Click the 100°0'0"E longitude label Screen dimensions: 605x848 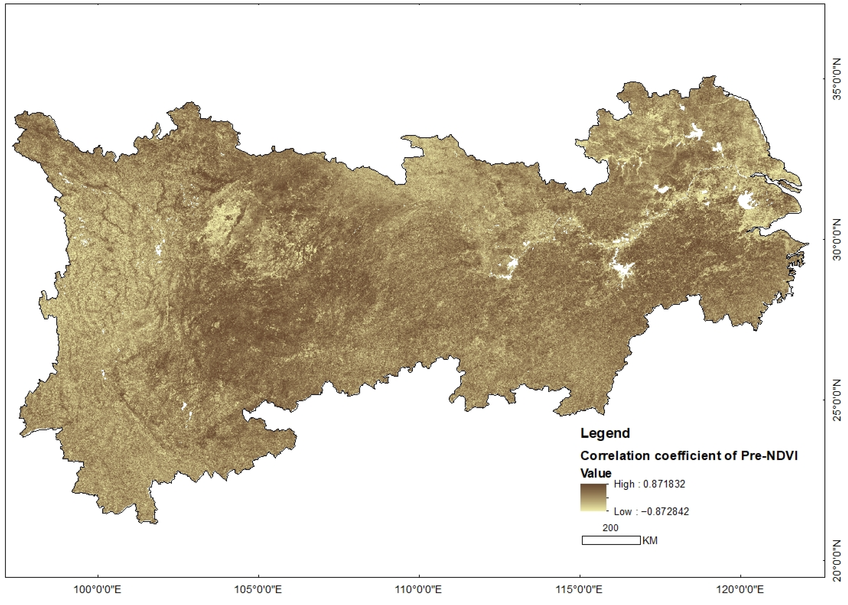[x=98, y=589]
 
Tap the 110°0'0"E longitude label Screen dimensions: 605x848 [x=419, y=589]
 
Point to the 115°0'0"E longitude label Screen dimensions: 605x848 [x=580, y=589]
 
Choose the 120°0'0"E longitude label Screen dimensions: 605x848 [x=740, y=589]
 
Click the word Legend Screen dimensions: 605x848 [x=605, y=433]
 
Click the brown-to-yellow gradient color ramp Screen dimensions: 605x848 [x=593, y=497]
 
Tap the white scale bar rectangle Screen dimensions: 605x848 [x=611, y=540]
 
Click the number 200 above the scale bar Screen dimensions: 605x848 [x=610, y=528]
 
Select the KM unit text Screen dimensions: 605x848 [x=650, y=541]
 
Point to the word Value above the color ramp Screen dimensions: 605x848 [x=596, y=473]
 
